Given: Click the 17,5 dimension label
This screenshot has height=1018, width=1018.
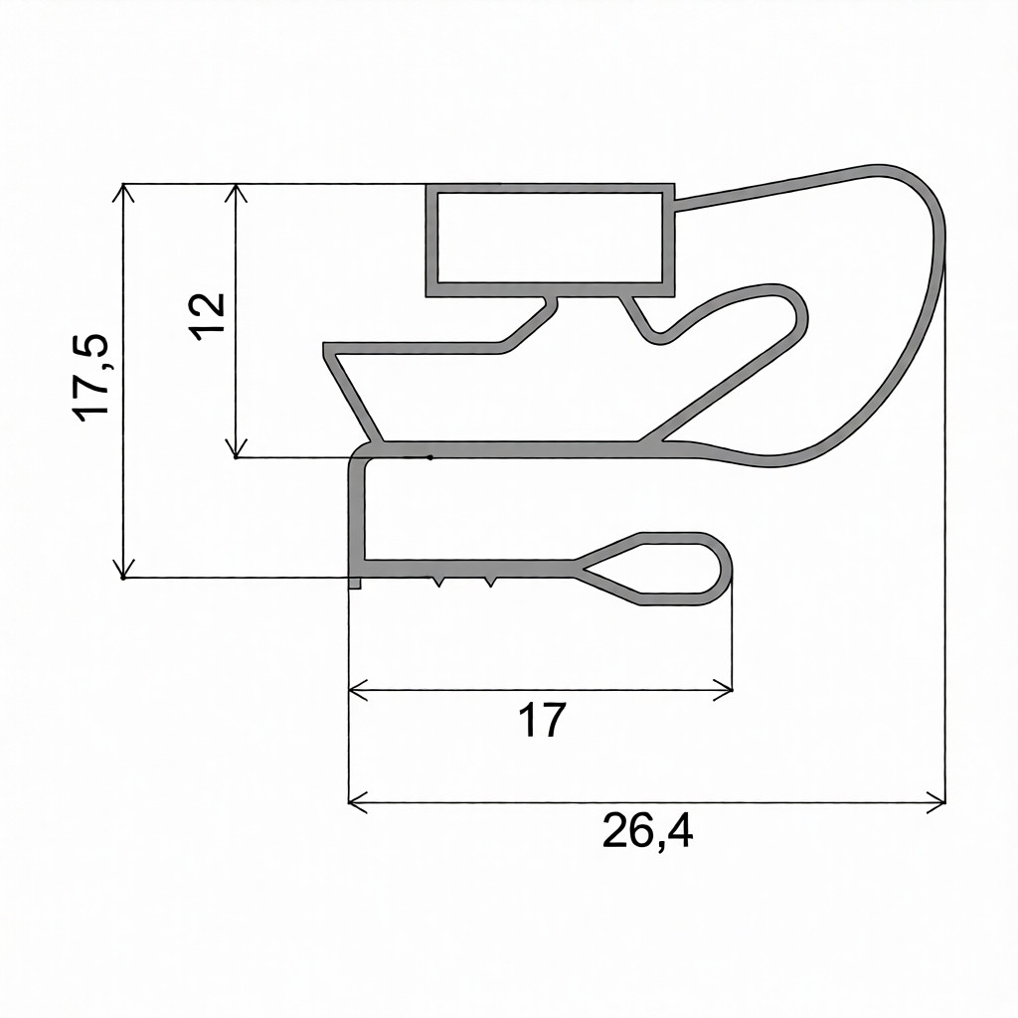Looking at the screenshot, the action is (x=90, y=378).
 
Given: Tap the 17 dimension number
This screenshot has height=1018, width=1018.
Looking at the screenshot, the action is (x=542, y=720).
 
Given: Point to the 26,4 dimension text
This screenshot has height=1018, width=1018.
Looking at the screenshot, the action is (x=647, y=830).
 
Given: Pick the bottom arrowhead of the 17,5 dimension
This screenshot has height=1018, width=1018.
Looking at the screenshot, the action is (x=123, y=569).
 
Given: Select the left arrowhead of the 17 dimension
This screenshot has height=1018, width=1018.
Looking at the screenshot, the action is (x=358, y=690).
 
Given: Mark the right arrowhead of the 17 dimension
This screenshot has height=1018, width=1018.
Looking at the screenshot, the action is (x=724, y=690).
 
